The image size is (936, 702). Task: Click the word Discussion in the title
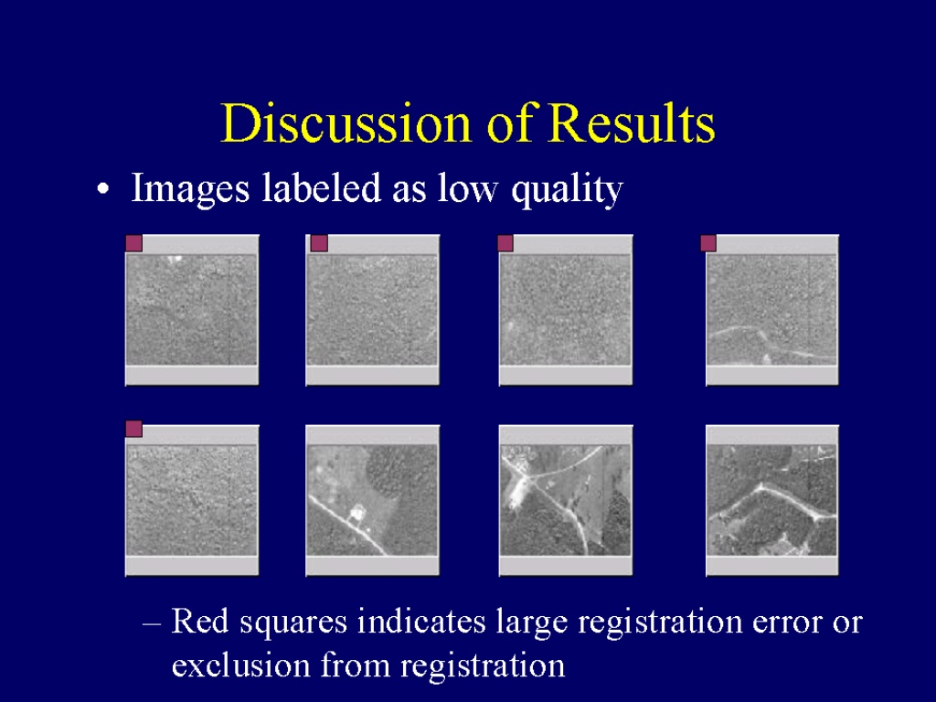click(x=346, y=123)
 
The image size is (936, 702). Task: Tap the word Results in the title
click(x=631, y=123)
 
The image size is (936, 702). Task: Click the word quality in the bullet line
click(x=567, y=189)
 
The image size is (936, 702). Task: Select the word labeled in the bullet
click(x=321, y=187)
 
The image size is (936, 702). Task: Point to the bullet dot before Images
click(x=103, y=190)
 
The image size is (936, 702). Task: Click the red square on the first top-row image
click(x=133, y=243)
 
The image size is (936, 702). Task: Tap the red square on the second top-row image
click(x=319, y=243)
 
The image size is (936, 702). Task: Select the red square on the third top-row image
click(x=505, y=243)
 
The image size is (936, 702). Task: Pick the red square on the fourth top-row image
click(x=708, y=243)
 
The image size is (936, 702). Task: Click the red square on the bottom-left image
click(x=133, y=429)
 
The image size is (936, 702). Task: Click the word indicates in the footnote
click(x=421, y=621)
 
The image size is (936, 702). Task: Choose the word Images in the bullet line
click(x=190, y=189)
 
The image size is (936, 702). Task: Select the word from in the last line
click(x=356, y=665)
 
